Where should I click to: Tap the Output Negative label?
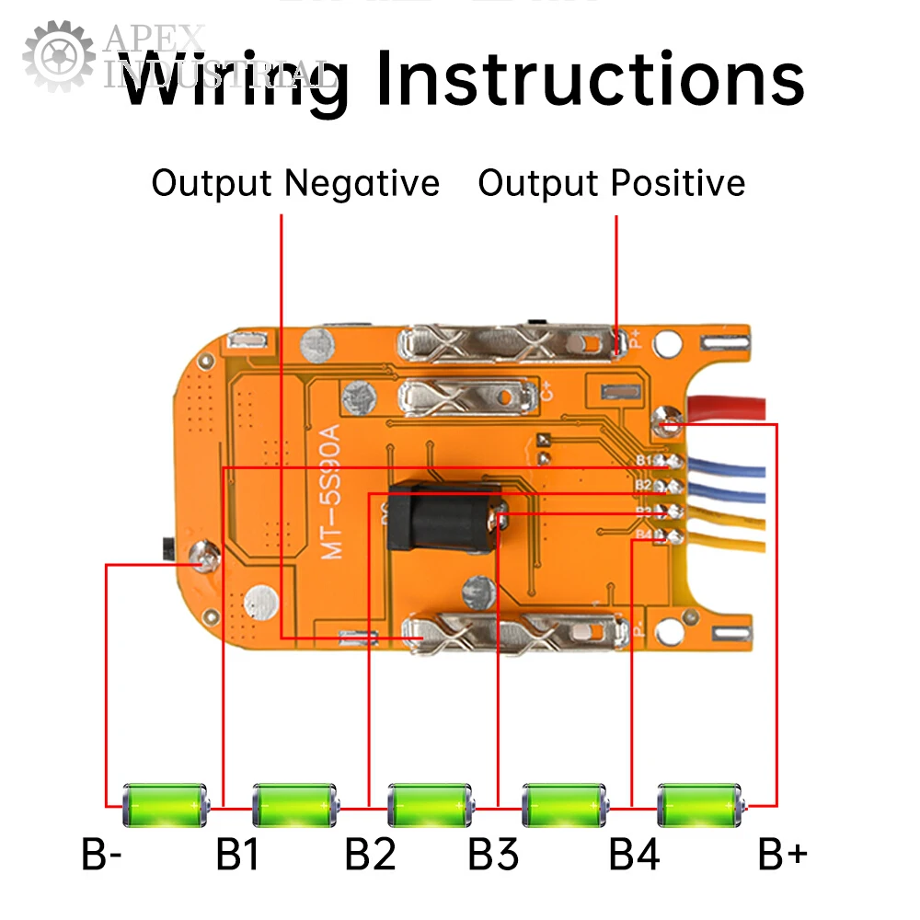click(x=295, y=183)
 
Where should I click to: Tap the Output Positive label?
click(x=611, y=183)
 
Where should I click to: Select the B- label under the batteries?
click(x=102, y=856)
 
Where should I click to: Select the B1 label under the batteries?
click(x=237, y=856)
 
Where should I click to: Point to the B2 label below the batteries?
click(x=370, y=856)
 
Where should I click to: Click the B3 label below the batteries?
click(x=493, y=856)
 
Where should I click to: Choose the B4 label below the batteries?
click(x=634, y=856)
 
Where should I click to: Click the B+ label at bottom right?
click(x=783, y=856)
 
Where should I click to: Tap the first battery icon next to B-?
click(x=167, y=806)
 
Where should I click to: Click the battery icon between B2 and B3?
click(x=431, y=806)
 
